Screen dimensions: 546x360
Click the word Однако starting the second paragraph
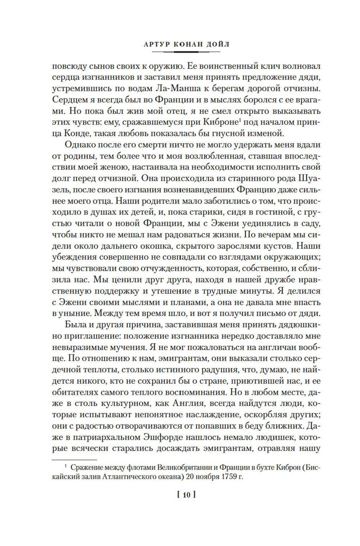click(x=82, y=145)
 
